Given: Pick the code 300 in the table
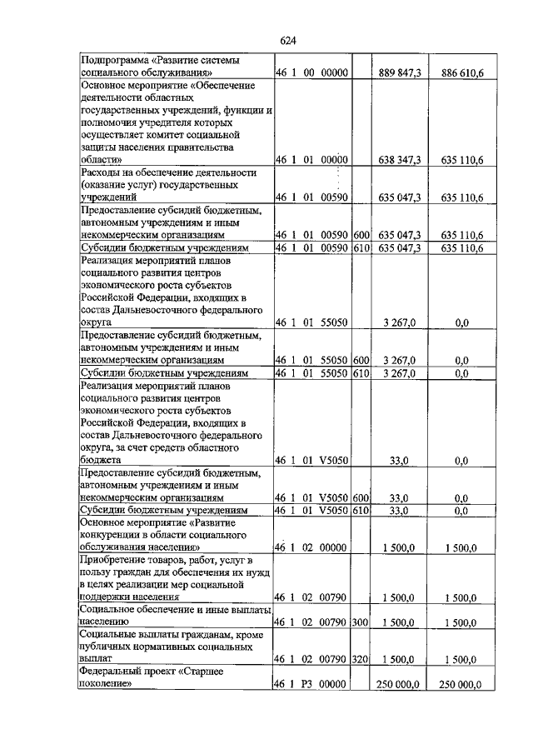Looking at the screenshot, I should (360, 622).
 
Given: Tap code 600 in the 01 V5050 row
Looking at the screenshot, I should (360, 498).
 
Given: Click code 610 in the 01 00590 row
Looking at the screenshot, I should (360, 247).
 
